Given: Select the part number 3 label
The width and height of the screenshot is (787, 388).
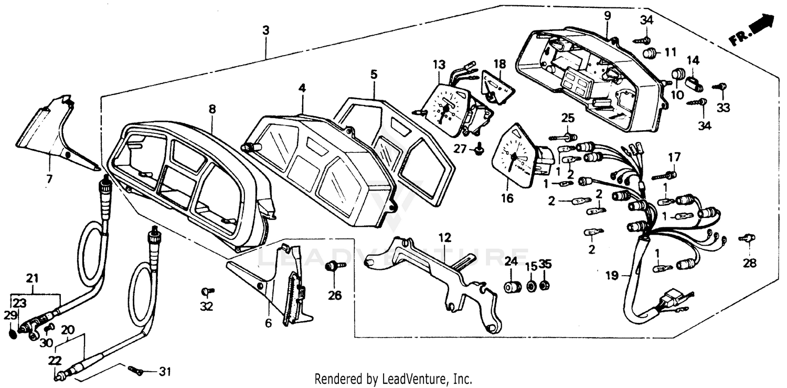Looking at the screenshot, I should pos(266,30).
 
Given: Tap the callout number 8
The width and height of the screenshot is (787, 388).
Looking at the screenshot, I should pos(212,109).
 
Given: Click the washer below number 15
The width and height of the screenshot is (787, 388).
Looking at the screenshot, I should pos(531,287).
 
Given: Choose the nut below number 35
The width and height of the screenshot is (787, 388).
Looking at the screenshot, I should pos(545,286).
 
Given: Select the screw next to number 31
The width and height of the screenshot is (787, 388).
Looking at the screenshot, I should pos(135,370).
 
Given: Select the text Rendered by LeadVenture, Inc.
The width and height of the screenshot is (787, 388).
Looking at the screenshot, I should pos(393,379).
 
